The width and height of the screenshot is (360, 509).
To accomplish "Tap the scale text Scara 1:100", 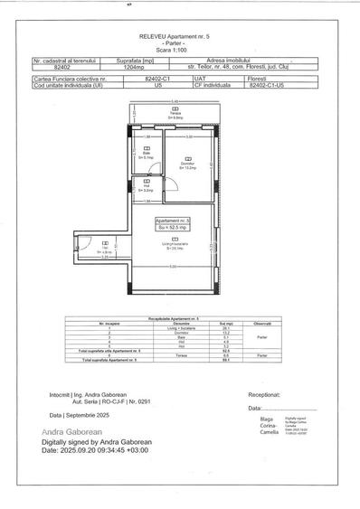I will [179, 50].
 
